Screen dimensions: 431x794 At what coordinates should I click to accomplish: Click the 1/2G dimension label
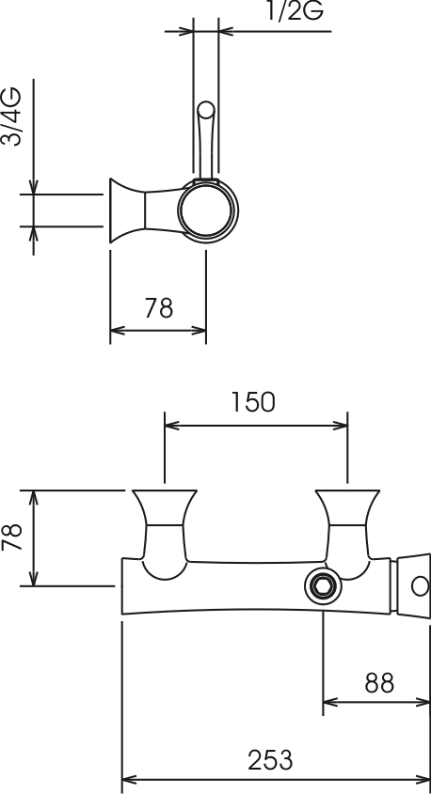295,11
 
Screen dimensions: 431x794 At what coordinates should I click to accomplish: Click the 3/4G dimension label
11,117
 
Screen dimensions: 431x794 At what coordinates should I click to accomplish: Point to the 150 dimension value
253,402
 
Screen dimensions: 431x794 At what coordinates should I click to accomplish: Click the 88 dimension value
379,684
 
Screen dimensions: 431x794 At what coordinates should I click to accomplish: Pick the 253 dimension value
270,760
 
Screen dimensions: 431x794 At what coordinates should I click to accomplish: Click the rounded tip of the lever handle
206,110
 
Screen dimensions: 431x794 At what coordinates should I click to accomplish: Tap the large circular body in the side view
207,210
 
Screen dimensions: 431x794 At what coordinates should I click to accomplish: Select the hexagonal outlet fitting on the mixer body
323,586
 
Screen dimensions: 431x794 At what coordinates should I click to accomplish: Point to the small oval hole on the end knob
420,586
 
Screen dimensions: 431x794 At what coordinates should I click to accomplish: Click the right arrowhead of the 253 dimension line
423,779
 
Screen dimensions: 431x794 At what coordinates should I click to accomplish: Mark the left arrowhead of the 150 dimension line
172,426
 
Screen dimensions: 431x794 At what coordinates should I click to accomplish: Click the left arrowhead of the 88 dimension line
330,702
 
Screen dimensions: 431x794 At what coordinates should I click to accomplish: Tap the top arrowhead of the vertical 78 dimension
34,498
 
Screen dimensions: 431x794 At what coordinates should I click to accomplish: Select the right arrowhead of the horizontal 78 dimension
199,331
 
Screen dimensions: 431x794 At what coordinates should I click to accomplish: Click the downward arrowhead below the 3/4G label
34,186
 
